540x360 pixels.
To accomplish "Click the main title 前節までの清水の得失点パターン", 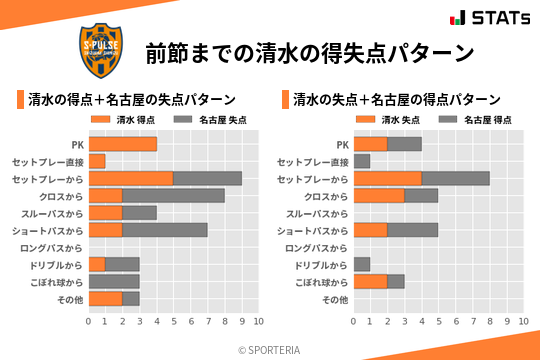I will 308,52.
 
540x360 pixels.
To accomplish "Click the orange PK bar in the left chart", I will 122,144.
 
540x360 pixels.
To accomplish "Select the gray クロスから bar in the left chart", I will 173,196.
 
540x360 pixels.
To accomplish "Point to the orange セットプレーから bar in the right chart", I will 387,179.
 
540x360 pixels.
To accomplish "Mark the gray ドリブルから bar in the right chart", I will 362,265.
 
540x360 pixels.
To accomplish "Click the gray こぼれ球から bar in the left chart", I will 114,282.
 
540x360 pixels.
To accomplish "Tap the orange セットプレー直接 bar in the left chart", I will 97,161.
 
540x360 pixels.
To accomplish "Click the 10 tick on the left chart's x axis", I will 258,322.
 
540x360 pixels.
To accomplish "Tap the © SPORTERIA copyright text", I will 270,349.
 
